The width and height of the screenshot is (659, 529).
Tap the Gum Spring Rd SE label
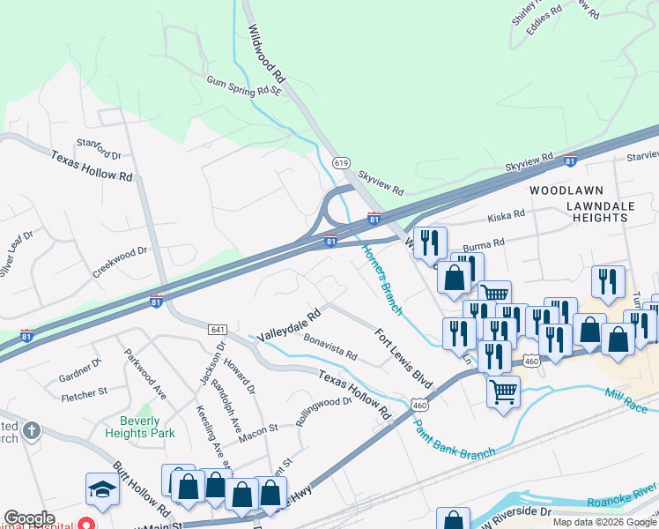click(243, 85)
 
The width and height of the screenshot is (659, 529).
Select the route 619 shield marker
click(342, 163)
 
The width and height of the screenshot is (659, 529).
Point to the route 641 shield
click(218, 329)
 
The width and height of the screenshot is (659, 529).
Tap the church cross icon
click(31, 431)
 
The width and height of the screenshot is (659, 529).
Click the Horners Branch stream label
click(382, 279)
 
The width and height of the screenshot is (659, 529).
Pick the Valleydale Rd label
click(288, 325)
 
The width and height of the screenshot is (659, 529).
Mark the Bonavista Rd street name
click(329, 347)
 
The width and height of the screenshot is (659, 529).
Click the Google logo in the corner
click(30, 518)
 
